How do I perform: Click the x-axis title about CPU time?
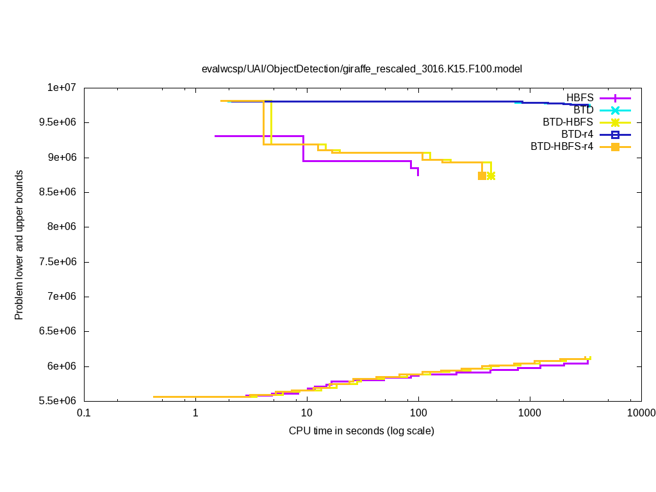coord(361,430)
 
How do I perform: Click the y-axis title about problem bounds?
coord(19,245)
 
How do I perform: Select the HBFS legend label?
coord(580,98)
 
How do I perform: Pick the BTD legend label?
coord(583,110)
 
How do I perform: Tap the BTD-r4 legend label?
coord(577,135)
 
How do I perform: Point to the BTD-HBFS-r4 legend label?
coord(562,147)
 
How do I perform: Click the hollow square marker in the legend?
coord(615,135)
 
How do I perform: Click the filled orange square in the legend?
coord(615,147)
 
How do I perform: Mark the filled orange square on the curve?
coord(482,176)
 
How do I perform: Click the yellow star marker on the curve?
coord(491,176)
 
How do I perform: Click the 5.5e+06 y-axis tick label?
coord(60,401)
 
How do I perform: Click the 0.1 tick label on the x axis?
coord(83,413)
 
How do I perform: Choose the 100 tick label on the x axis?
coord(418,413)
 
